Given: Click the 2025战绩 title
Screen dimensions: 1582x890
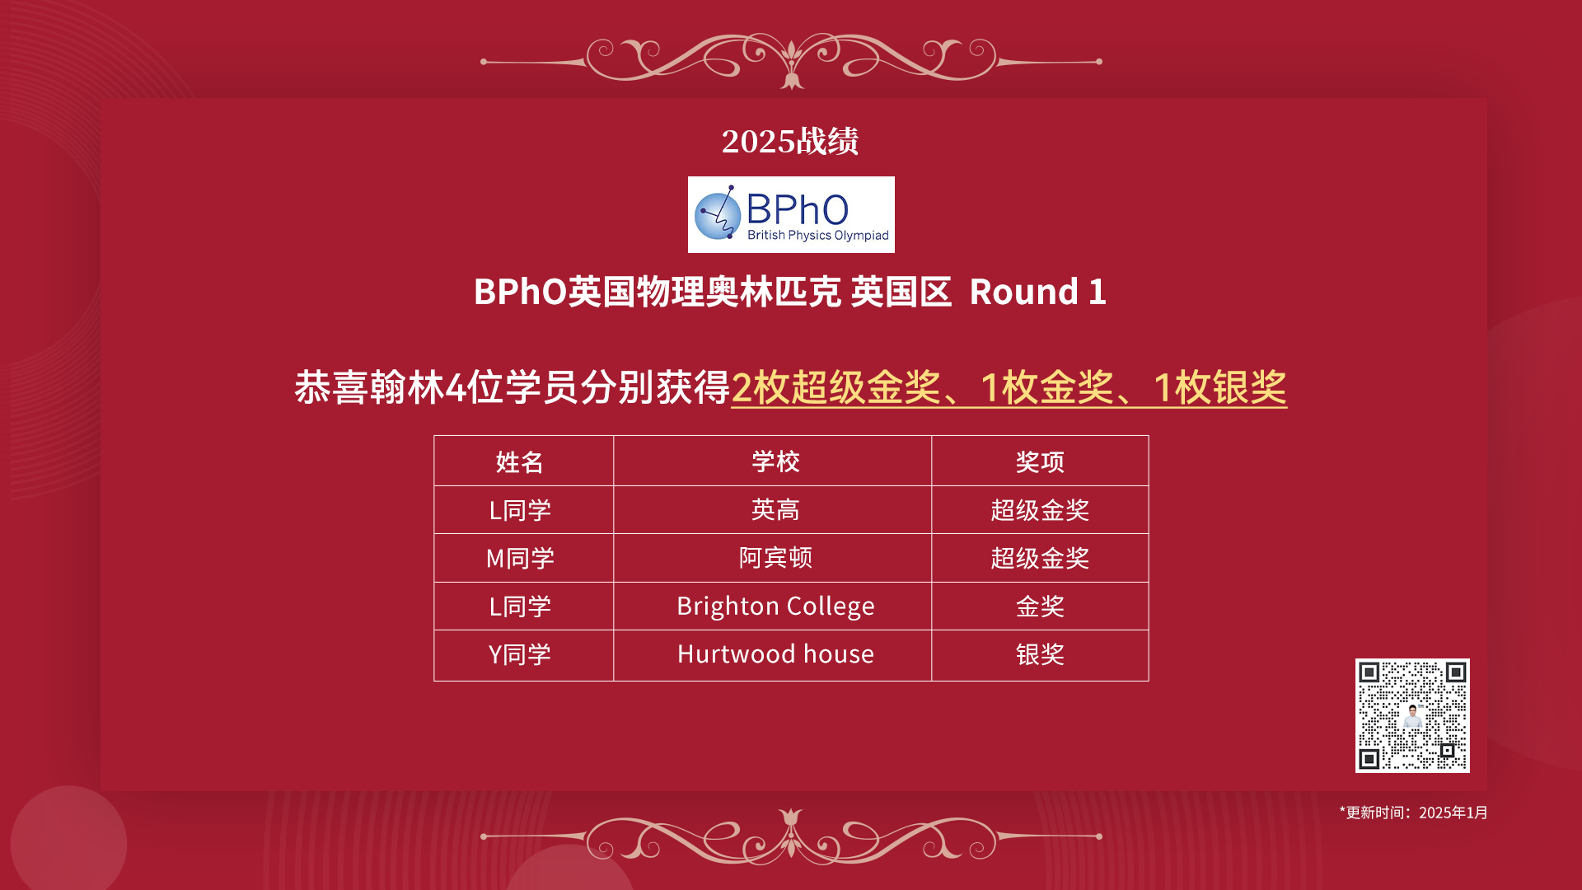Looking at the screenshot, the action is click(790, 141).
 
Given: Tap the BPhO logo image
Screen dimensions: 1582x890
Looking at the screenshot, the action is click(791, 214).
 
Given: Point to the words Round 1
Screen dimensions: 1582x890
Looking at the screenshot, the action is click(1037, 292).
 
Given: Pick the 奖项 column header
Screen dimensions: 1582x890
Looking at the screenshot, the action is click(1040, 462).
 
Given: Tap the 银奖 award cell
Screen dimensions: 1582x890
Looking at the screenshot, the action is click(1040, 655).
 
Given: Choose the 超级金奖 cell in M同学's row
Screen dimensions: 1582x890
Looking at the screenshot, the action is click(1040, 559).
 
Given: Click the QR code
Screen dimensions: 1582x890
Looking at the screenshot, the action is click(1412, 715).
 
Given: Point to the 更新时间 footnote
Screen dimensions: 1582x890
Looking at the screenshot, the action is click(1413, 813).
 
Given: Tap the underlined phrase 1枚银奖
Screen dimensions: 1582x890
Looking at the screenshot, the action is click(1219, 387).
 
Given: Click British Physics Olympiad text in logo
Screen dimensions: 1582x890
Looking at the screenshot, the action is click(818, 236).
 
